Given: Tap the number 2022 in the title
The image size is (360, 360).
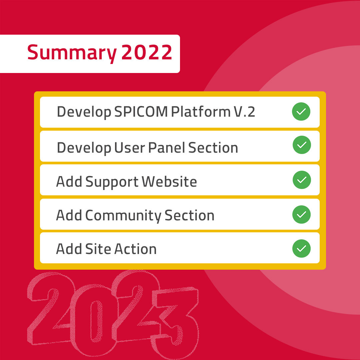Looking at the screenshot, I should click(x=147, y=53).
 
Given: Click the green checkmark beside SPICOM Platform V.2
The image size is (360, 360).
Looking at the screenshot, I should click(x=301, y=112).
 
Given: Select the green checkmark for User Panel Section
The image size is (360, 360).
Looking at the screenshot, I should click(x=302, y=145).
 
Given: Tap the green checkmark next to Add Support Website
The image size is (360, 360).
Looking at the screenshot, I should click(x=302, y=180).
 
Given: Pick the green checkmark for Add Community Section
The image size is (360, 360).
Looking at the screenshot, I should click(x=301, y=214).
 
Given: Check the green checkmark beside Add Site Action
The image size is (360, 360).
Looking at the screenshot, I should click(x=301, y=249).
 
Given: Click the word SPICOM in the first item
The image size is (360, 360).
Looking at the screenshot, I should click(x=141, y=112).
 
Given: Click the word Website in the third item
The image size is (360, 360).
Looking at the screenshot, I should click(x=169, y=182).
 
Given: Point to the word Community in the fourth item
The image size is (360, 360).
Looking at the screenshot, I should click(x=123, y=216).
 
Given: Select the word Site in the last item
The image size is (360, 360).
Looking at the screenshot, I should click(x=98, y=249).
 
